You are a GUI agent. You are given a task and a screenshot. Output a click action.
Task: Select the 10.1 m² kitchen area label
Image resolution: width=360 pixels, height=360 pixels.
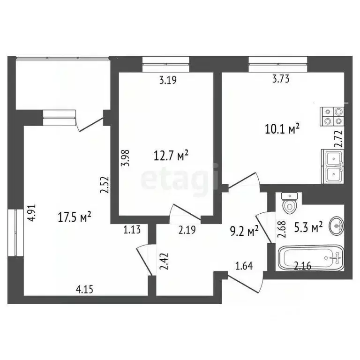click(x=283, y=129)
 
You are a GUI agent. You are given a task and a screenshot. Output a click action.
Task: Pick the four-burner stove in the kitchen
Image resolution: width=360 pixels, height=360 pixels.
click(x=332, y=117)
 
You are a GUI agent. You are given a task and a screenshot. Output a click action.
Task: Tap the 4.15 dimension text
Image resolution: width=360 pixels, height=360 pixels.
click(x=84, y=289)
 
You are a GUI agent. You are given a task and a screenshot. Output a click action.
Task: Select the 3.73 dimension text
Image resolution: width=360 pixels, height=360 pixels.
click(x=281, y=79)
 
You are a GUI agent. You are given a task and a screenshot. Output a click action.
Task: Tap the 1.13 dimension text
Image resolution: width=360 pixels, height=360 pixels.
click(x=132, y=230)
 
